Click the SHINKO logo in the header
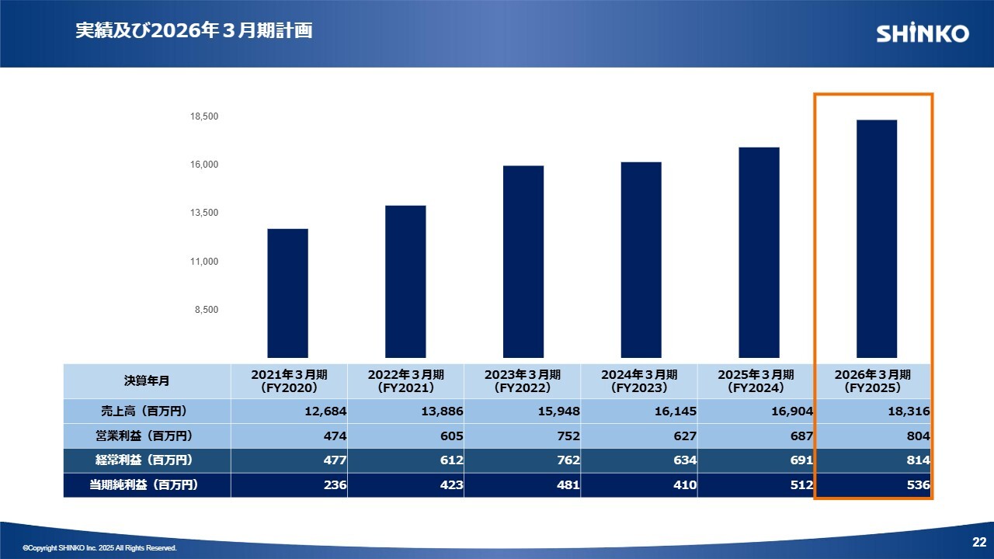[923, 33]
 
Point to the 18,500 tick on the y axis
[204, 116]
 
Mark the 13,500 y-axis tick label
[204, 213]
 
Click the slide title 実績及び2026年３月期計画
[194, 31]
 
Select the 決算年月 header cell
[147, 380]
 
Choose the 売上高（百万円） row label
[147, 411]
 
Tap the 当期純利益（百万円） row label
[147, 485]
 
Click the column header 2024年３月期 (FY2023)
[638, 380]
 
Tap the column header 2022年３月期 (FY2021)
[405, 380]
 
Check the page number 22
[978, 541]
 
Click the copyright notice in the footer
[99, 548]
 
